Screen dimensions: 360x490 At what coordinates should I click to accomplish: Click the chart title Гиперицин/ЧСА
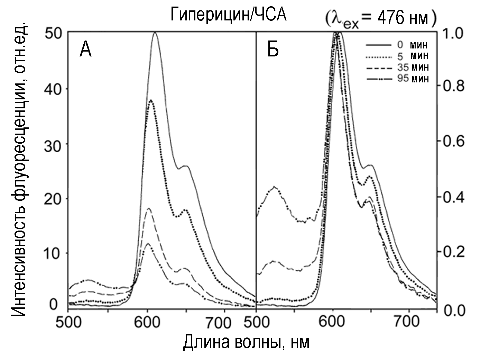tap(228, 15)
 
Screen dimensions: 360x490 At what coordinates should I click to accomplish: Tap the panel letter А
tap(85, 49)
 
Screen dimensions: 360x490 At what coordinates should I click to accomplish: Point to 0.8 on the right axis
tap(451, 86)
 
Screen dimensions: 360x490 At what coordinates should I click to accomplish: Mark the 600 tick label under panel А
tap(148, 323)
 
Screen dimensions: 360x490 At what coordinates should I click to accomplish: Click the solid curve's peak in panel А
tap(155, 33)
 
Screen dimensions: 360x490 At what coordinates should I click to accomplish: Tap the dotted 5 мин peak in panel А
tap(151, 100)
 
